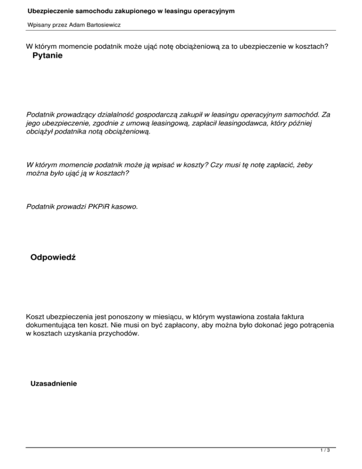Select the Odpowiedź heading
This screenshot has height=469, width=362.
54,257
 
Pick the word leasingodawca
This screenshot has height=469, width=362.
232,123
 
